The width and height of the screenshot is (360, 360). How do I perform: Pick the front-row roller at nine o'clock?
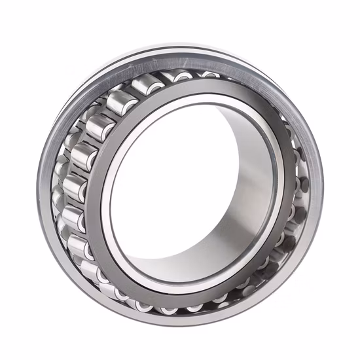tap(73, 187)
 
